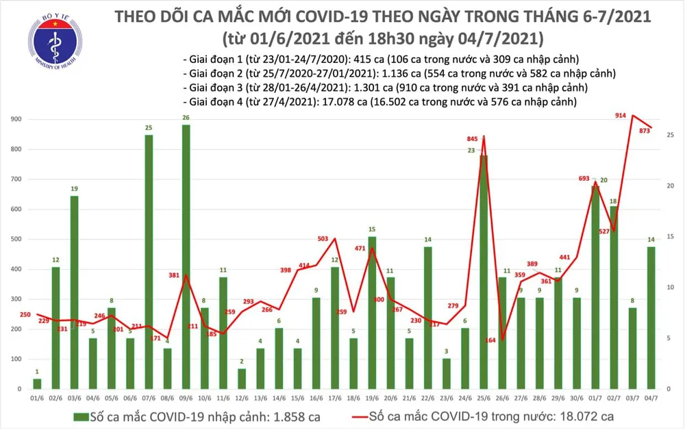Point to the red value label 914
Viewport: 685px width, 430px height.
click(621, 116)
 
